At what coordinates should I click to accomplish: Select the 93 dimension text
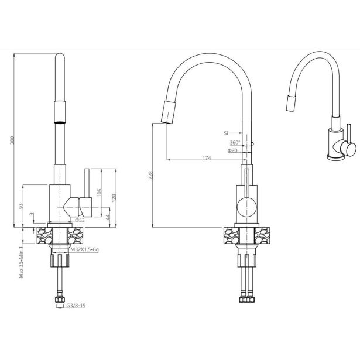[x=21, y=205]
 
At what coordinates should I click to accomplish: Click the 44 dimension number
[x=108, y=217]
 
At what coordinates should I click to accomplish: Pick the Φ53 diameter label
[x=80, y=220]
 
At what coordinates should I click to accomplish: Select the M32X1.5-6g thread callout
[x=84, y=249]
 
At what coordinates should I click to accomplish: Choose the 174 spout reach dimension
[x=207, y=159]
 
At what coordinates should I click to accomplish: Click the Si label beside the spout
[x=226, y=133]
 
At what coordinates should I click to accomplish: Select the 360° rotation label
[x=234, y=142]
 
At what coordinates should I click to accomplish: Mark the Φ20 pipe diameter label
[x=234, y=150]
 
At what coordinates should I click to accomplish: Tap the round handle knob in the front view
[x=246, y=206]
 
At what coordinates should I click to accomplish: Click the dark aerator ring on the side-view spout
[x=60, y=121]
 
